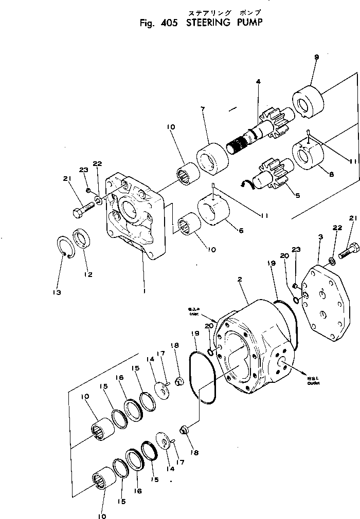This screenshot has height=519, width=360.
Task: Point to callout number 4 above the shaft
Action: tap(258, 81)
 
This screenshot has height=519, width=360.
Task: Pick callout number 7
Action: tap(204, 109)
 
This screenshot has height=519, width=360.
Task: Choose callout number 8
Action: tap(331, 174)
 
